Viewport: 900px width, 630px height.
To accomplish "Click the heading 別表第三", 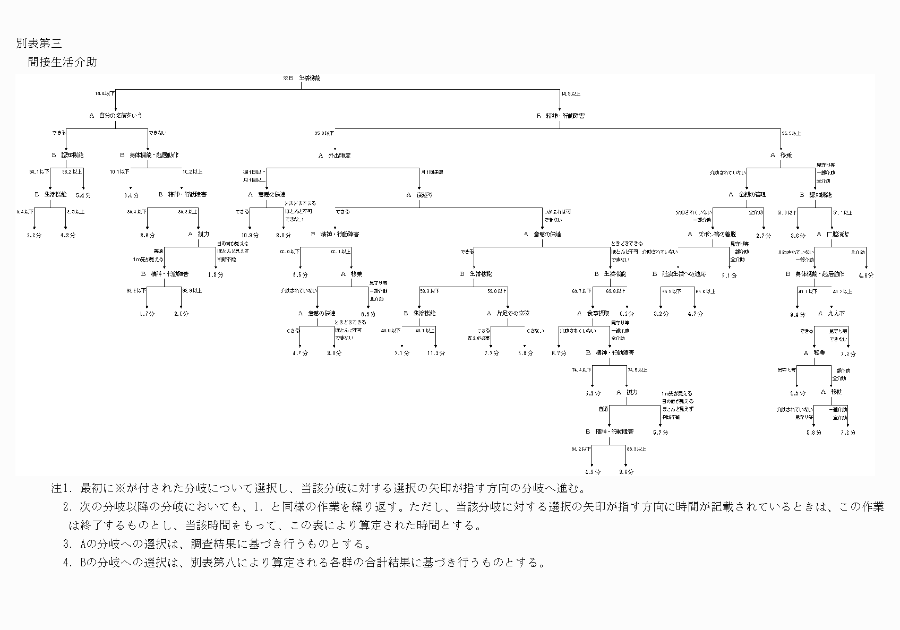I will (39, 44).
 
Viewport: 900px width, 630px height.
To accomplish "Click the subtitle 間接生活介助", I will (63, 62).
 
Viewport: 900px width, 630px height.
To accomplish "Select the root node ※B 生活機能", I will (302, 78).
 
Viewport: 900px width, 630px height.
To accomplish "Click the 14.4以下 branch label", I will (105, 94).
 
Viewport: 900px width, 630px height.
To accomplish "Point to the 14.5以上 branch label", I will (571, 94).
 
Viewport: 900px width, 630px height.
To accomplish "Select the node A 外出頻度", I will (335, 156).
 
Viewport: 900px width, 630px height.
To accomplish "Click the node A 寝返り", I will (419, 195).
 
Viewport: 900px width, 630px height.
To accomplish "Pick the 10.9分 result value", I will (250, 235).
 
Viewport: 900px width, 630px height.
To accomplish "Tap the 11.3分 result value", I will (436, 353).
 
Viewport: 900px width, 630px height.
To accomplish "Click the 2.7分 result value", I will (764, 235).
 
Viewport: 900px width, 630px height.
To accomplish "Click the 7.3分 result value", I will (848, 353).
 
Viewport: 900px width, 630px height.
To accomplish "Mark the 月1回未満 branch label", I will (432, 172).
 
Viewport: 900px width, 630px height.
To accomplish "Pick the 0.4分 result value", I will (131, 195).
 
